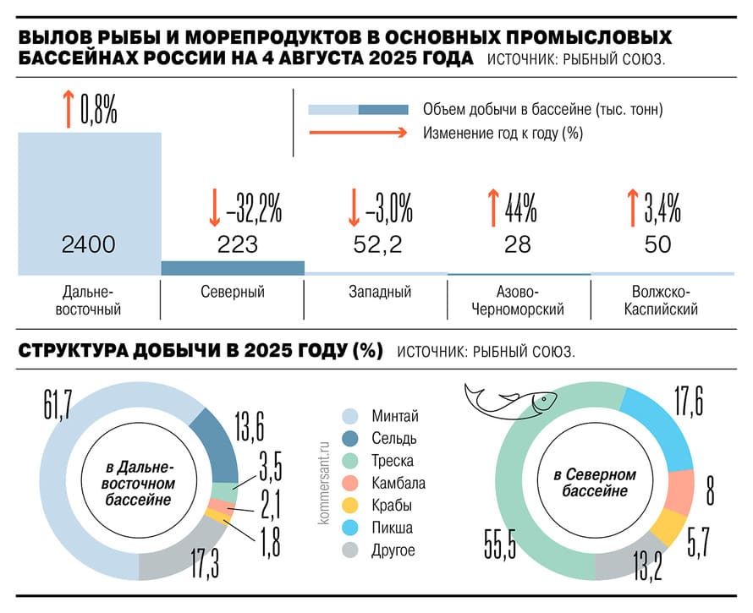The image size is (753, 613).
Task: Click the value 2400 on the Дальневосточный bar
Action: [x=88, y=245]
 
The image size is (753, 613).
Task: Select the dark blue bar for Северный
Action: [x=232, y=268]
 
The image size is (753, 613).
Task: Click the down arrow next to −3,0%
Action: [x=355, y=207]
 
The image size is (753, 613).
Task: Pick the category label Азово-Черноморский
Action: [x=517, y=301]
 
